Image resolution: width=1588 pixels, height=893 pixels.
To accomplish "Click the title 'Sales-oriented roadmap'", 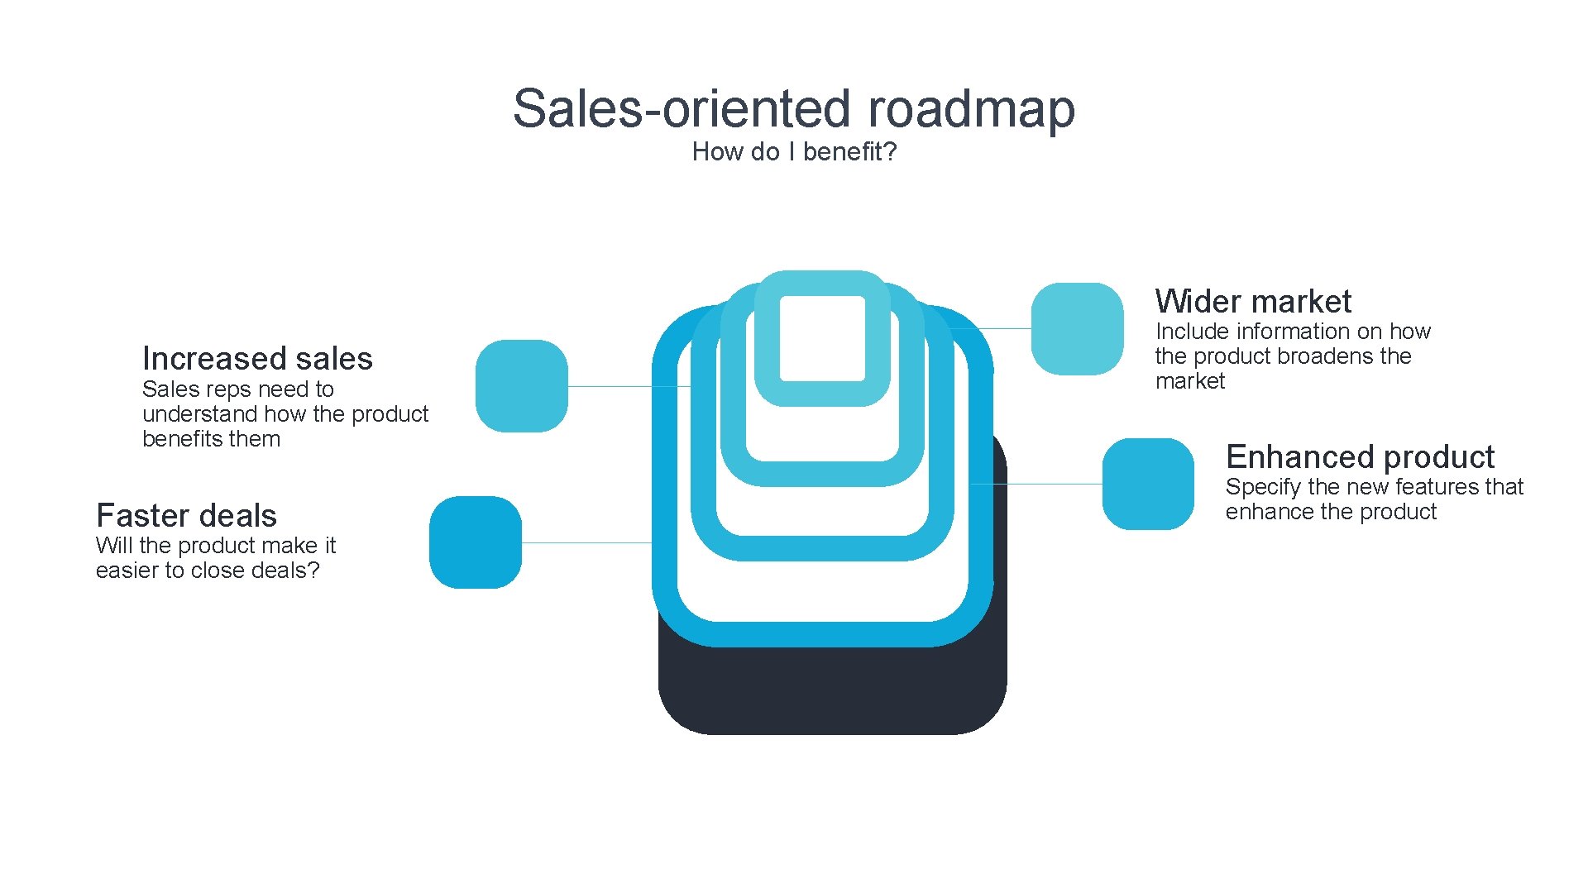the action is [793, 108].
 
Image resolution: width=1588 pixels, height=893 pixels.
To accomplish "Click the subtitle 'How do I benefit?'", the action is [794, 152].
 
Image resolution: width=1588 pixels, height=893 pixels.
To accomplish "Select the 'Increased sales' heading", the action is [257, 359].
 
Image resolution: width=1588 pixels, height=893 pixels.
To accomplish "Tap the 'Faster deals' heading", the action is [186, 516].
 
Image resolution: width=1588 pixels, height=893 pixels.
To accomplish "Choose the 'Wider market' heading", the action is [1253, 302].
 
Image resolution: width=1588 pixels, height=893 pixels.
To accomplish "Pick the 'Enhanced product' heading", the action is [1360, 457].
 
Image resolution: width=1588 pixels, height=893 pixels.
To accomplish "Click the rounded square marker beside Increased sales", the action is [521, 386].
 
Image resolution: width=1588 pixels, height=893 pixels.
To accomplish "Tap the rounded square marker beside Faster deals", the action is [475, 542].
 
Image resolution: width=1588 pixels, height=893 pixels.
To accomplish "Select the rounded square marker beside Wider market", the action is [1077, 329].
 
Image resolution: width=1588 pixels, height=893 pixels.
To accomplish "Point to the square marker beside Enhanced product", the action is [1148, 485].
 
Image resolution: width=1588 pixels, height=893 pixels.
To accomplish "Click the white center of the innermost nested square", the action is [822, 338].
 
